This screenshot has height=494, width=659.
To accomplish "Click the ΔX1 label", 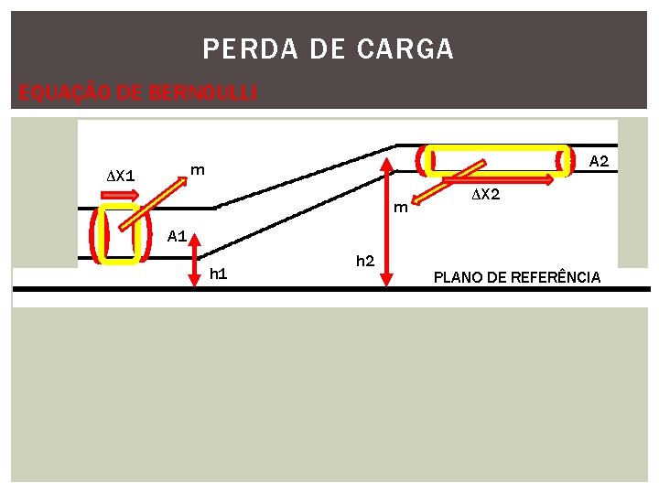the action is pos(120,175).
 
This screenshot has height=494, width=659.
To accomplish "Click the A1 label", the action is pos(177,237).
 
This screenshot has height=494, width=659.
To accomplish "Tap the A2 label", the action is pos(599,161).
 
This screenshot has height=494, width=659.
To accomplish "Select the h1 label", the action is pos(219,274).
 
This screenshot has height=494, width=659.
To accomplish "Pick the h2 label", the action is pos(364,262).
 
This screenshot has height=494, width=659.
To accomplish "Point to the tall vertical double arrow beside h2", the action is pos(388,220).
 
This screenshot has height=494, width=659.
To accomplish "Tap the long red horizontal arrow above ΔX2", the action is pos(498,178).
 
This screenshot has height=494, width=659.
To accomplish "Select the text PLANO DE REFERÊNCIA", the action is pos(517,277).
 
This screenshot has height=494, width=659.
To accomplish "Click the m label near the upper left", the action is pos(197,169).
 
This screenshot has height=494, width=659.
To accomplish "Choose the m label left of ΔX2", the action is pos(400,208).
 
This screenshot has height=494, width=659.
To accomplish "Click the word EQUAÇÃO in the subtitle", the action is pos(56,93).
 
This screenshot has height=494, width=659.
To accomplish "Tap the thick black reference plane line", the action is pos(329,290).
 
